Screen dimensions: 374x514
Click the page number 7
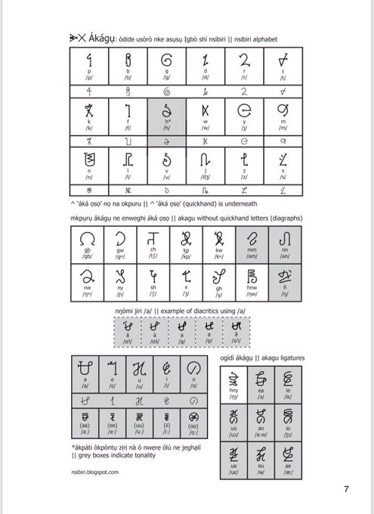[x=345, y=488]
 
